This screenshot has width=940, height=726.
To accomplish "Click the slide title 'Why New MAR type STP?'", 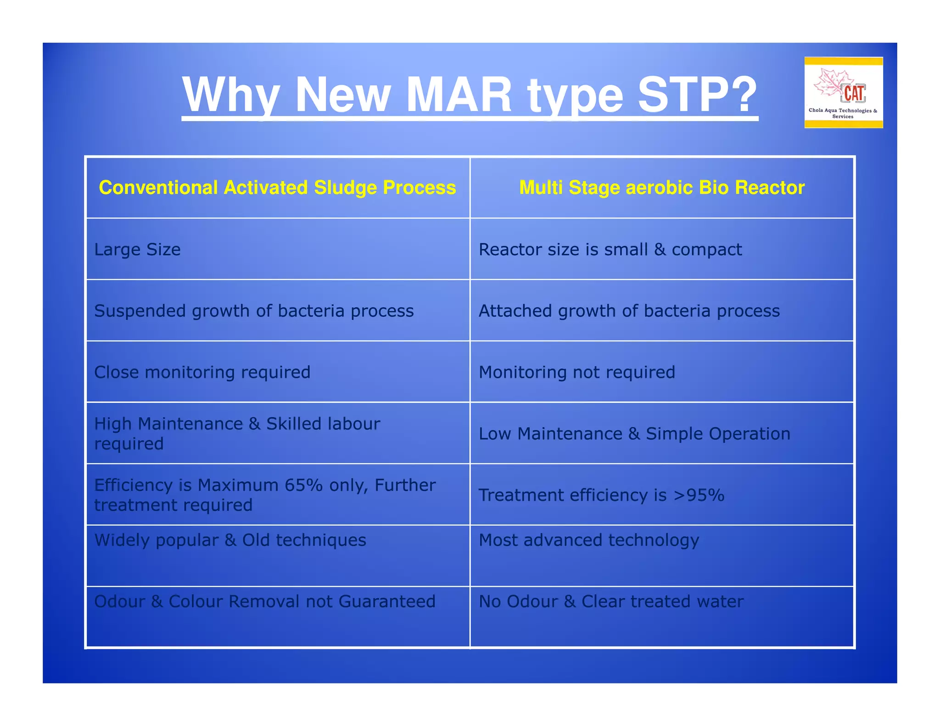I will click(469, 95).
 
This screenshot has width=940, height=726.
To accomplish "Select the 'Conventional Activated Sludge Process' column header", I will click(277, 188).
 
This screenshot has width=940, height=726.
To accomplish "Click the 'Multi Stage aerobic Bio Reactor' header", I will click(661, 188).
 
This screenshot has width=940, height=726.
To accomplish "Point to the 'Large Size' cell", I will click(137, 250).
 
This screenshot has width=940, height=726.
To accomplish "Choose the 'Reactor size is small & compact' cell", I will click(610, 250).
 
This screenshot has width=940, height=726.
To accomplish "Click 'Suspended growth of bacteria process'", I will click(254, 311).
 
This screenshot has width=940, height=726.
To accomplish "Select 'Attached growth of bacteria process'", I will click(629, 311).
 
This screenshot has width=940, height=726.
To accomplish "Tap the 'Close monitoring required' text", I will click(202, 372).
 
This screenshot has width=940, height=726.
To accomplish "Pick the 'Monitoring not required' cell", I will click(576, 372).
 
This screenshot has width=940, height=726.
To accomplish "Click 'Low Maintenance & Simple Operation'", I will click(634, 434).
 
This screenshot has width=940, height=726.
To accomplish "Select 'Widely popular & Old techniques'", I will click(230, 540).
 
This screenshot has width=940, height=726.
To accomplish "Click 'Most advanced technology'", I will click(588, 540).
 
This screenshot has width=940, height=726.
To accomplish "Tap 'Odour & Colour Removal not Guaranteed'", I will click(264, 602).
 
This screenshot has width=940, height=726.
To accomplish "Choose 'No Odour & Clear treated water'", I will click(611, 602).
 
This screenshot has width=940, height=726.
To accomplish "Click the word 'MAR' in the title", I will click(459, 95).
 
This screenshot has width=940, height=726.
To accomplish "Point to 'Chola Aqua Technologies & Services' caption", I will click(843, 113).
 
